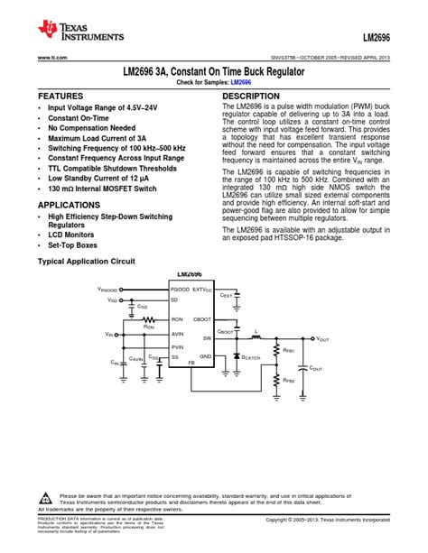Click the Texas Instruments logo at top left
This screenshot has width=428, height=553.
pos(79,33)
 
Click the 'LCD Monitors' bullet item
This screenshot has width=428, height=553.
pos(74,235)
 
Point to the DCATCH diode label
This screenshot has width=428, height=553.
pos(250,358)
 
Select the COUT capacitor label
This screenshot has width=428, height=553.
pos(316,368)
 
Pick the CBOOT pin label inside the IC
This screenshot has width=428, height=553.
pos(202,319)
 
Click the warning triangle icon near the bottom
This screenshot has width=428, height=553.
pos(46,498)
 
